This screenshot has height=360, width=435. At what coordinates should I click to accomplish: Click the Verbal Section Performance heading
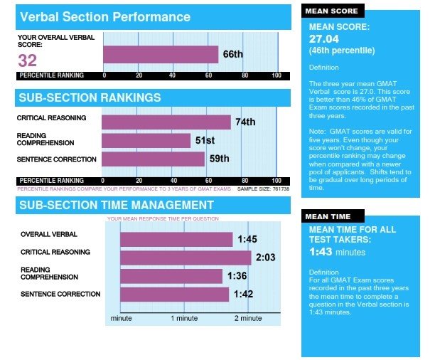(105, 16)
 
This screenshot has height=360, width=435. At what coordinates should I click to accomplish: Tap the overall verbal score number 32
(28, 60)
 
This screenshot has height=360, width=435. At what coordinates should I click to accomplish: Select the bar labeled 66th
(161, 55)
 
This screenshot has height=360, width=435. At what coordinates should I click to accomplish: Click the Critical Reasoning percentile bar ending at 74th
(166, 122)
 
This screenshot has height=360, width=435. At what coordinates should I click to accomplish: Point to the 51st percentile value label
(206, 140)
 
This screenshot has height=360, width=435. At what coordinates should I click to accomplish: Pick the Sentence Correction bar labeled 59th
(153, 159)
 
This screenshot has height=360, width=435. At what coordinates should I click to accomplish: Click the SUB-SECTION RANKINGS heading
(90, 97)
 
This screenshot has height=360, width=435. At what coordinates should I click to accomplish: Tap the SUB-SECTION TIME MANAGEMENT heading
(117, 206)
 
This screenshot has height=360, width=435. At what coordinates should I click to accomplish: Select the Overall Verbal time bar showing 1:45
(176, 239)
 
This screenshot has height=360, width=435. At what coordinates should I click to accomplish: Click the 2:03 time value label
(264, 258)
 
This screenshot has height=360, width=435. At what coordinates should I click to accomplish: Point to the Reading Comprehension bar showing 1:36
(171, 276)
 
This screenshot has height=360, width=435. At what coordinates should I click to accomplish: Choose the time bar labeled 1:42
(175, 294)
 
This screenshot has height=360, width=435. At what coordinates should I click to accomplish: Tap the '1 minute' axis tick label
(184, 318)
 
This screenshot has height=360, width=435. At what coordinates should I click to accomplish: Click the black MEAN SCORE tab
(333, 11)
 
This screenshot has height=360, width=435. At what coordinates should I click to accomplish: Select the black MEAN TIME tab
(331, 216)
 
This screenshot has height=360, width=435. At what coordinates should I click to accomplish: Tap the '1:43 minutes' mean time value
(338, 252)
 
